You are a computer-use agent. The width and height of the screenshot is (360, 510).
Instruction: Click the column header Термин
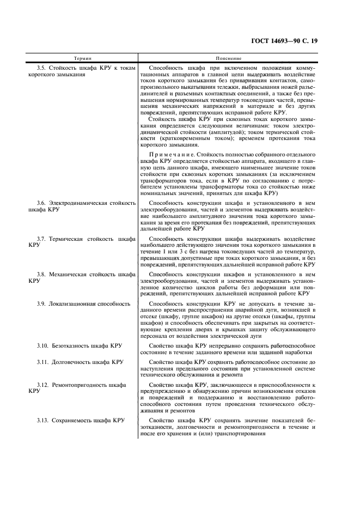(x=82, y=58)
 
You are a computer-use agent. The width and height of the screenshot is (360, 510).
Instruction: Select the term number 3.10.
(x=43, y=345)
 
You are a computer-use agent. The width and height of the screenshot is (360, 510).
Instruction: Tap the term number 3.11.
(x=43, y=362)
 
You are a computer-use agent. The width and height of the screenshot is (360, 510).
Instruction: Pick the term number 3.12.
(x=43, y=385)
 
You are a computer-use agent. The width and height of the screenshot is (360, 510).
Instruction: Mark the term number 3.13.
(x=43, y=420)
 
